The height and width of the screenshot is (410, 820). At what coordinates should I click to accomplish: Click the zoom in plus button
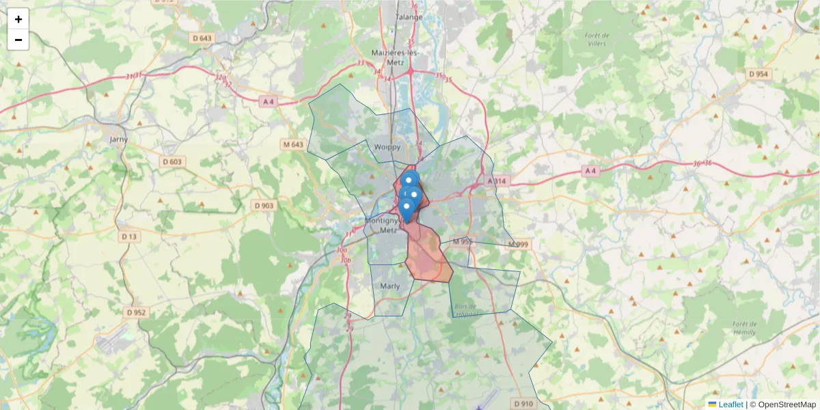(x=18, y=19)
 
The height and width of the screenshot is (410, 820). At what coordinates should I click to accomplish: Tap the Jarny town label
(x=118, y=139)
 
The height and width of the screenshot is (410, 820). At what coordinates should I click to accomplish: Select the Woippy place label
(x=387, y=147)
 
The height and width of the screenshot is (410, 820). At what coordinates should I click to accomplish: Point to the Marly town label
(x=389, y=286)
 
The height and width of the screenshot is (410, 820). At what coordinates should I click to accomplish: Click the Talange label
(x=409, y=16)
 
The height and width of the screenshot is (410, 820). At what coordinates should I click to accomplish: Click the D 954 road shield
(x=758, y=74)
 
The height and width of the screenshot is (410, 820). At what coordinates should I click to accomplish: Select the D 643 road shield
(x=202, y=38)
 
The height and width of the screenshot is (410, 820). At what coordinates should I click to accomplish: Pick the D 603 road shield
(x=172, y=161)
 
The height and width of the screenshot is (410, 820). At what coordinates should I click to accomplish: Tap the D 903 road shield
(x=263, y=205)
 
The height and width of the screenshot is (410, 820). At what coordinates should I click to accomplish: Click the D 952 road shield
(x=137, y=312)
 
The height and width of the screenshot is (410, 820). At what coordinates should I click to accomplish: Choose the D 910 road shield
(x=523, y=403)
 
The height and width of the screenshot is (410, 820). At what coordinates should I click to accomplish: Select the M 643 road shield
(x=292, y=144)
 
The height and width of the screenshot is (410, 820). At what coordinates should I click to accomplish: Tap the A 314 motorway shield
(x=497, y=180)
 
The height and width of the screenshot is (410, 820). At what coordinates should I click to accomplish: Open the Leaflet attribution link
(x=730, y=405)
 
